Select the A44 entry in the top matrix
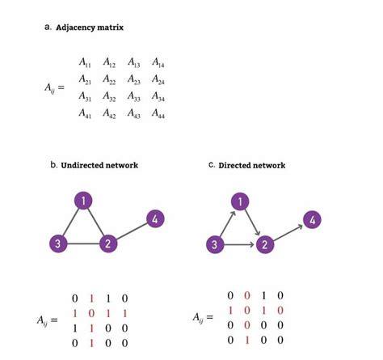click(158, 115)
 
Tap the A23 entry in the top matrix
click(134, 80)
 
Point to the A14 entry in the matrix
click(158, 62)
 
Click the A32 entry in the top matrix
click(110, 97)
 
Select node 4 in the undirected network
click(156, 218)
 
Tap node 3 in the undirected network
click(57, 244)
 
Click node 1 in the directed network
click(239, 201)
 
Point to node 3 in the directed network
click(213, 244)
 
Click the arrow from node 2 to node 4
click(288, 231)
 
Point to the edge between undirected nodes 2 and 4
click(132, 231)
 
